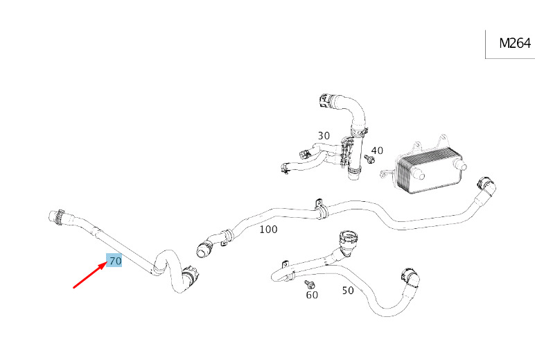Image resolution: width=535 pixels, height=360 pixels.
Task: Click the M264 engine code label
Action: point(514,43)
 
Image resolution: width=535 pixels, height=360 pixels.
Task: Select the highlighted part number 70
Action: point(114,261)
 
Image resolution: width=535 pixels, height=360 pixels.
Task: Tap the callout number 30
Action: point(324,135)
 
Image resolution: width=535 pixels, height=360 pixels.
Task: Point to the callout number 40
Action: point(377,150)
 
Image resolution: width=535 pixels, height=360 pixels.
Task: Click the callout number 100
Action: point(268,229)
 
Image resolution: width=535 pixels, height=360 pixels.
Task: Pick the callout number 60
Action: point(312,295)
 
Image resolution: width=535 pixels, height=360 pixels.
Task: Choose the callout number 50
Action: point(348,291)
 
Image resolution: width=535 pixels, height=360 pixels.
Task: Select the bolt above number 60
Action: point(309,284)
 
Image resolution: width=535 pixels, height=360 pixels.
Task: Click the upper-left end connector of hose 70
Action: point(55,216)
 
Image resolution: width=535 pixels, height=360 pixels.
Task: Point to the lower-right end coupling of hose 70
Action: point(189,277)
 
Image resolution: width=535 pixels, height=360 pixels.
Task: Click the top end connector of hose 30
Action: point(324,100)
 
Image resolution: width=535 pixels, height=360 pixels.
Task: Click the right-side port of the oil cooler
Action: point(461,167)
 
